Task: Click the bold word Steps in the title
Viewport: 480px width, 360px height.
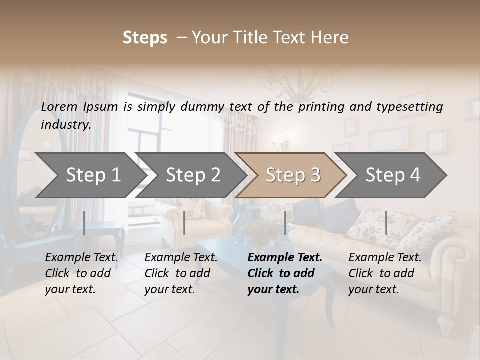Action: (x=145, y=37)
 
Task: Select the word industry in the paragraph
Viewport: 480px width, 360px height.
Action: (x=66, y=124)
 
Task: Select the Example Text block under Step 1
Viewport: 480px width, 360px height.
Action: (x=81, y=273)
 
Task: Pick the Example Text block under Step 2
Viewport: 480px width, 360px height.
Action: (x=181, y=273)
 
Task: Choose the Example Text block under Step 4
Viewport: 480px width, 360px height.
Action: (x=385, y=273)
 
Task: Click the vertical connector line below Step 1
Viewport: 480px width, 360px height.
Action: (x=84, y=223)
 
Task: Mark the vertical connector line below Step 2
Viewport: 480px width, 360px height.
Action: (x=184, y=223)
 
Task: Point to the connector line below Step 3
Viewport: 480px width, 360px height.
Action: (x=285, y=223)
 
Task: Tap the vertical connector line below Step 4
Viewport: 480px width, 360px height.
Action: (x=386, y=223)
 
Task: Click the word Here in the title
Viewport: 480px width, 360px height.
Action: (x=332, y=37)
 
